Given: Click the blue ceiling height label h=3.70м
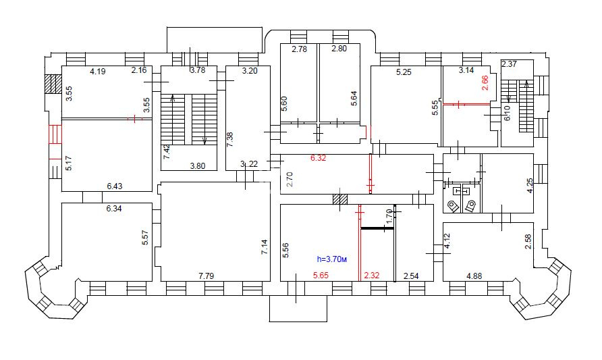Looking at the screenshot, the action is [x=332, y=259].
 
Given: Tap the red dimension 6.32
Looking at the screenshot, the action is [x=319, y=158].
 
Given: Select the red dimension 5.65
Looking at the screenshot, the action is [x=321, y=275].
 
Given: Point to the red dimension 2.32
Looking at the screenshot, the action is [x=372, y=275].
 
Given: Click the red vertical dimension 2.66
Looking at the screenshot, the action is [x=485, y=82].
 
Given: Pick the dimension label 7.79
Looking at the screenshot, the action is [x=206, y=276].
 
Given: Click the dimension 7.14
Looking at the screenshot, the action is [x=264, y=247].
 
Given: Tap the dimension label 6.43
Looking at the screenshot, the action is [x=115, y=186].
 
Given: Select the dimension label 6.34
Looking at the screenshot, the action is [x=114, y=209].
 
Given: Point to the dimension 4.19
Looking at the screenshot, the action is [x=97, y=71].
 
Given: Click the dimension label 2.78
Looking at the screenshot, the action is [x=300, y=49].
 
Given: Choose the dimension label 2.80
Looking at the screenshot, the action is [x=339, y=49].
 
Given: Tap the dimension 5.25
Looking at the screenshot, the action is [x=404, y=72].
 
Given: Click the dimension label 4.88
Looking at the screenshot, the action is [x=474, y=276].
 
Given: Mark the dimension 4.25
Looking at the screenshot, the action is [x=529, y=186].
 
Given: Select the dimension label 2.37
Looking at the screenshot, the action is [x=510, y=64].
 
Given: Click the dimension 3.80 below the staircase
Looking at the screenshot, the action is [x=198, y=166].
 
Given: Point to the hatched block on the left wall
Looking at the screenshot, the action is [x=53, y=84].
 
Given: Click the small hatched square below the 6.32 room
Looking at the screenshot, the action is [x=340, y=199].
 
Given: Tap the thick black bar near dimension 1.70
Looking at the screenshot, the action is [x=378, y=228].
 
